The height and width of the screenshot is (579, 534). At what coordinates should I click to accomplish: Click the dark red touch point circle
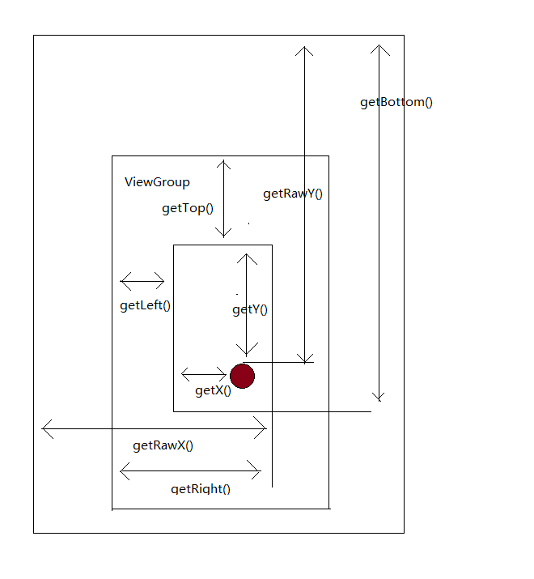(x=243, y=376)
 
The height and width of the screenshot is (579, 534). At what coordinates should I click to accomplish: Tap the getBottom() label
(x=396, y=103)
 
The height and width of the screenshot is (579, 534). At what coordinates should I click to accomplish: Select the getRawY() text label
(x=293, y=194)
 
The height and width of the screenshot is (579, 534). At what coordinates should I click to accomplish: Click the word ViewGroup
(x=157, y=182)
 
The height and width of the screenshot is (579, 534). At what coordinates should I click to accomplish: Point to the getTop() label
(x=188, y=208)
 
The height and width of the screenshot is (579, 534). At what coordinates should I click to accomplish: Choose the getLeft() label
(x=146, y=305)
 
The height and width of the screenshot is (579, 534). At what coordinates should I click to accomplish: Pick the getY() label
(x=250, y=309)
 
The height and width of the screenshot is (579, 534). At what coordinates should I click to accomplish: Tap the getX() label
(x=213, y=390)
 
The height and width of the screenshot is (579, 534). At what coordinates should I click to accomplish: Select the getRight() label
(x=201, y=488)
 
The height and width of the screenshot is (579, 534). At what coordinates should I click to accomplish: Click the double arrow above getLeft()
(x=142, y=282)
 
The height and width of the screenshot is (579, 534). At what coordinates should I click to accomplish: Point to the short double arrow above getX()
(x=204, y=374)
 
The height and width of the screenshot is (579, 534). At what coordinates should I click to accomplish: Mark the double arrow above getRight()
(x=190, y=470)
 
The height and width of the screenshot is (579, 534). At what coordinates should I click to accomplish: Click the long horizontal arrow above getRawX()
(x=154, y=428)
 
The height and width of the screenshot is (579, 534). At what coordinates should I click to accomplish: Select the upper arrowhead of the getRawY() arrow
(x=304, y=51)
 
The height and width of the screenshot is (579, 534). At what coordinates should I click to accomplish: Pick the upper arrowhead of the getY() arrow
(x=247, y=258)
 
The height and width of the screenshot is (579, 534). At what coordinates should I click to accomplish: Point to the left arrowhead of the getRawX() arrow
(x=46, y=428)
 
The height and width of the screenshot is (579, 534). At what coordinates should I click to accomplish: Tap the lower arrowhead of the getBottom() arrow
(x=379, y=397)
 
